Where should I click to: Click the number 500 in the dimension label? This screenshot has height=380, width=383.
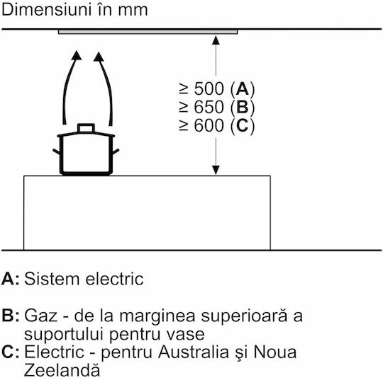point(209,88)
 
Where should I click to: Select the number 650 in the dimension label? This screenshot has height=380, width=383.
point(209,107)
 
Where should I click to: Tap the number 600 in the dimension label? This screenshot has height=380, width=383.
point(209,125)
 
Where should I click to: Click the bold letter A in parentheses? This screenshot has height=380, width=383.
point(243,88)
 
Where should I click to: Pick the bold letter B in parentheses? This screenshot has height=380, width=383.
point(243,107)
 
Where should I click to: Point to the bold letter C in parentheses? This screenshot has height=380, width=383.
point(243,125)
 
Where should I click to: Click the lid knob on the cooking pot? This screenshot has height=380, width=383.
point(86,128)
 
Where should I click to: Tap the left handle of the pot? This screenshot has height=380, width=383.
point(57,151)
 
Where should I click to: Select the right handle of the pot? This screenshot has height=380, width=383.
point(116,151)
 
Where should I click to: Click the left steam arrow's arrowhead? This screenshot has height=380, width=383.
point(77,55)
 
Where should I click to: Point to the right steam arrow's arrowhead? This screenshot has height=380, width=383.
point(99,57)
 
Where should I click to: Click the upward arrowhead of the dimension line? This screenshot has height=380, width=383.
point(216,40)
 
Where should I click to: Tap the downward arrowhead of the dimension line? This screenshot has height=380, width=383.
point(216,171)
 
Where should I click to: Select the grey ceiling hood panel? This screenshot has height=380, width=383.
point(148,32)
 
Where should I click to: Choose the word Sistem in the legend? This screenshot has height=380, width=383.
point(52,279)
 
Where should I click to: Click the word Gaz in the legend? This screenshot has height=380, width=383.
point(41,316)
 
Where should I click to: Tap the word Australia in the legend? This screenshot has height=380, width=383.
point(194,352)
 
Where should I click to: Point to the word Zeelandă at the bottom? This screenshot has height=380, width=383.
point(62,370)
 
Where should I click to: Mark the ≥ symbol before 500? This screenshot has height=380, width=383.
point(184,88)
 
